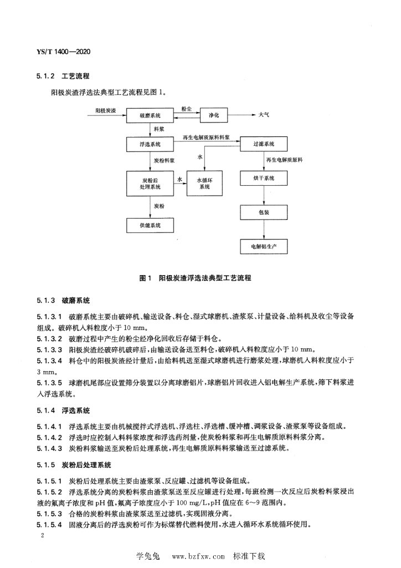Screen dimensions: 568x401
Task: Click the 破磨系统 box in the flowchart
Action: click(150, 115)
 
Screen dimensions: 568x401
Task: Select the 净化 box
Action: click(213, 115)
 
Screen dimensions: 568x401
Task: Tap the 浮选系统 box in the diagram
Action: click(150, 144)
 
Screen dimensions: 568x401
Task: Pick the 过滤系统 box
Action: click(264, 144)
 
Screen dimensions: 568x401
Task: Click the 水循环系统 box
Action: click(204, 182)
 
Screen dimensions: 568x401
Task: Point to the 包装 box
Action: click(264, 212)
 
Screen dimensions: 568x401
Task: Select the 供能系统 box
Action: click(150, 225)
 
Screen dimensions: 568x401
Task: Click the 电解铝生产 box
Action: click(264, 245)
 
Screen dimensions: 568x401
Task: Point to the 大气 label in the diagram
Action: click(264, 115)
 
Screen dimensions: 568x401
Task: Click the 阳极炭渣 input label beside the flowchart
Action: click(106, 111)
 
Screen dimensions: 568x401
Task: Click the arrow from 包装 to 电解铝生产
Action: click(264, 229)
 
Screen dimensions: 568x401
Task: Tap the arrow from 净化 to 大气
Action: click(242, 115)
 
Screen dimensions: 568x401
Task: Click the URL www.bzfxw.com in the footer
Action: click(199, 555)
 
